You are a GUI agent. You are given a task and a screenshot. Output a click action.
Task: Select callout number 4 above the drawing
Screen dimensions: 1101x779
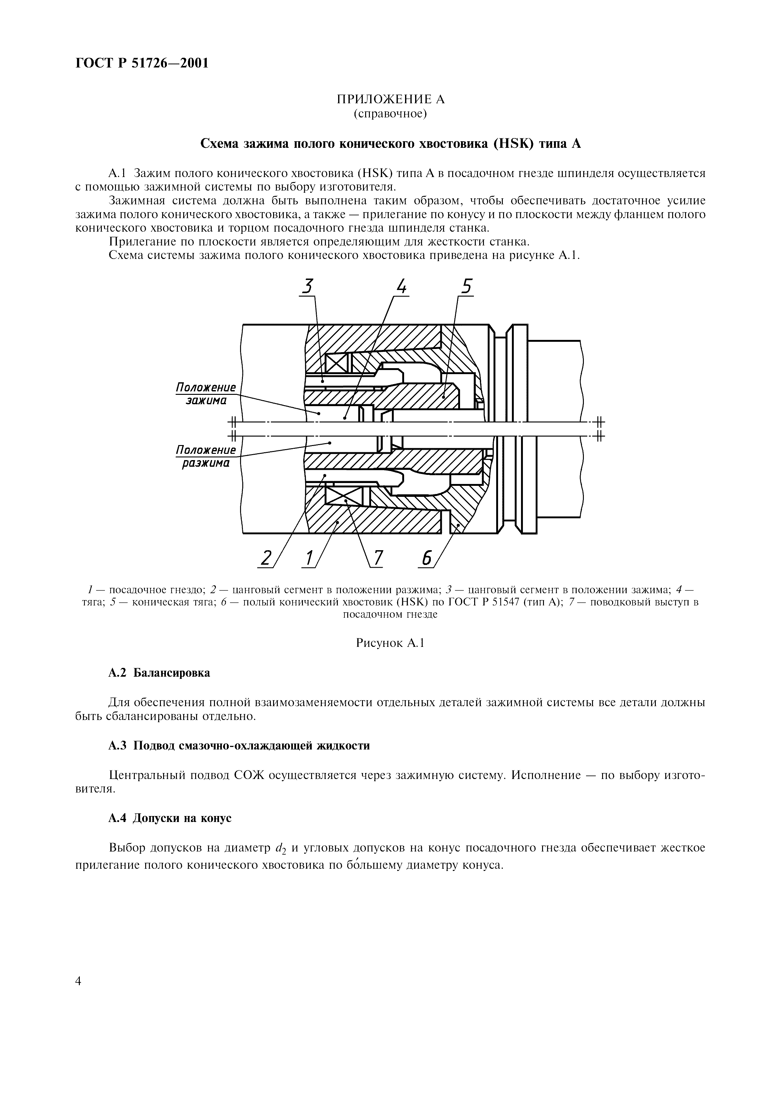coord(402,287)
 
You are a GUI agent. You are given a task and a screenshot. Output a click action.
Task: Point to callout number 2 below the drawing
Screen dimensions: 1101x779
coord(265,558)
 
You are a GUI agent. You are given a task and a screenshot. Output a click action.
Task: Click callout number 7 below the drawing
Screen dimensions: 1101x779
coord(378,558)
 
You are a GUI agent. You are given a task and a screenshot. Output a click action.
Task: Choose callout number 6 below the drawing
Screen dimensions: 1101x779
coord(426,558)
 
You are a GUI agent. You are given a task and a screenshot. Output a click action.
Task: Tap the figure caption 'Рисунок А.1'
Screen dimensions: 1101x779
coord(390,643)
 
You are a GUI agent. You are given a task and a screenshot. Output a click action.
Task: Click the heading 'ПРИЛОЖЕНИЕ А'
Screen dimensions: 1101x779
coord(390,99)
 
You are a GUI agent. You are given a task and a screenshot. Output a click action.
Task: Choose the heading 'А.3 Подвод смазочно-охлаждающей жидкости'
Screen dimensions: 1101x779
coord(239,746)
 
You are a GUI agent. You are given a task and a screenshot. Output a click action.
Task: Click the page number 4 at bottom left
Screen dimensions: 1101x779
coord(79,968)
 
